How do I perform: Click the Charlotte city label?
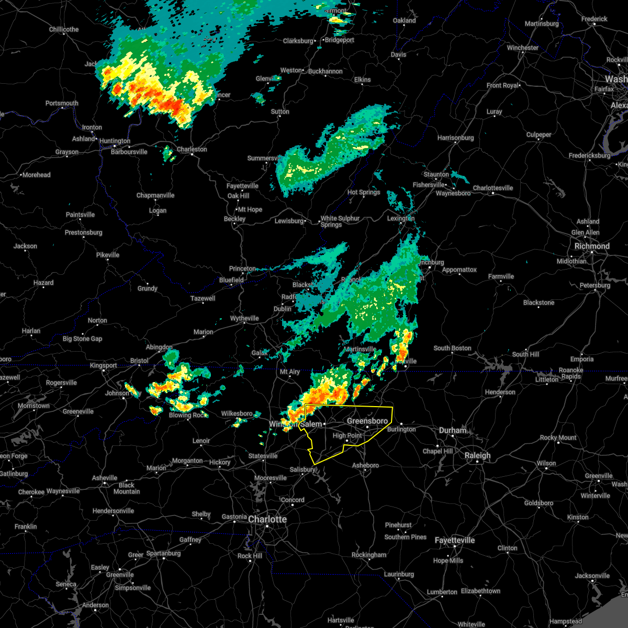click(x=267, y=519)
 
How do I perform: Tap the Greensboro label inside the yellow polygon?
click(x=367, y=421)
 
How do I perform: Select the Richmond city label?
click(x=592, y=246)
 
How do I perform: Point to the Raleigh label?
click(x=478, y=455)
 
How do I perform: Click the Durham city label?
click(x=453, y=430)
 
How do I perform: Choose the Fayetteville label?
click(x=455, y=540)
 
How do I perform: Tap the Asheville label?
click(x=105, y=478)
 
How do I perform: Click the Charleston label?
click(x=192, y=149)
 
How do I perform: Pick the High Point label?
click(x=347, y=435)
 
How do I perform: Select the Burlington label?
click(x=401, y=429)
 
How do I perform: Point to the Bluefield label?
click(x=231, y=280)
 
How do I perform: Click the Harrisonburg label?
click(x=455, y=138)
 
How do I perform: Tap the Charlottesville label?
click(x=493, y=188)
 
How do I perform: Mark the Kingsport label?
click(x=103, y=365)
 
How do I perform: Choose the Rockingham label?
click(x=369, y=555)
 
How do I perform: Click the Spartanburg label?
click(x=163, y=553)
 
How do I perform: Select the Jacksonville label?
click(x=592, y=576)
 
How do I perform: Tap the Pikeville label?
click(x=108, y=255)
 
